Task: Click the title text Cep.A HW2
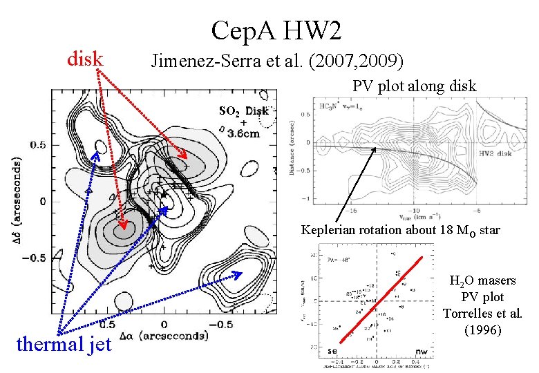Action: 276,30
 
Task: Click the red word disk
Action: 85,59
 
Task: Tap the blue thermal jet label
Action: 64,343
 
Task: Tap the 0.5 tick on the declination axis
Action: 39,145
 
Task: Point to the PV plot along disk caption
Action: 414,86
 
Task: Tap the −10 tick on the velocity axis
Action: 414,209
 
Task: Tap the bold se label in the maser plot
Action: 334,350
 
